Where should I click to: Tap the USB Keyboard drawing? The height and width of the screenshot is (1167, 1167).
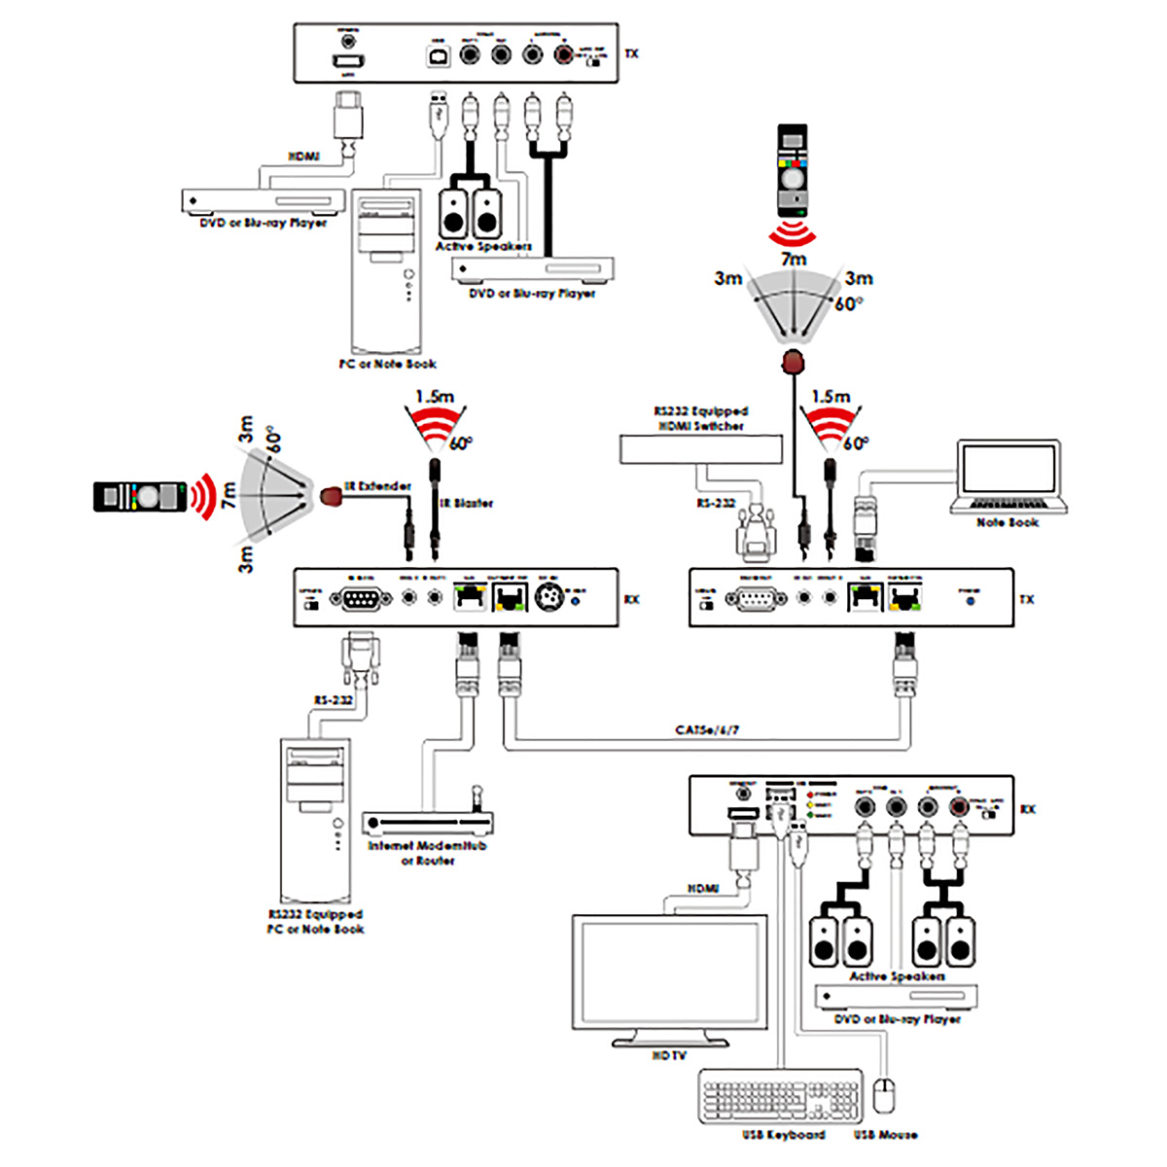780,1096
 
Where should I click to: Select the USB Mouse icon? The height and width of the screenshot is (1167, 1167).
883,1095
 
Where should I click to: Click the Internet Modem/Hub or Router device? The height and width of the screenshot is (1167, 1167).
427,823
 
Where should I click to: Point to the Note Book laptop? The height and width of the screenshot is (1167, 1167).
1009,477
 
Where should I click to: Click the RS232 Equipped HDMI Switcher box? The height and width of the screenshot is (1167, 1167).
700,449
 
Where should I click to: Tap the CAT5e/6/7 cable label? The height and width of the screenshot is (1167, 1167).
707,729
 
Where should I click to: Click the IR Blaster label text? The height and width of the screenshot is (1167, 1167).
467,503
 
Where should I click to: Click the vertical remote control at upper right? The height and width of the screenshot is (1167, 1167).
794,170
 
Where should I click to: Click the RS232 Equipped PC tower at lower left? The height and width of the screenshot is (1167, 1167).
315,822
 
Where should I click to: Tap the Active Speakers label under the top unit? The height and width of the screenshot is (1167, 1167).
483,246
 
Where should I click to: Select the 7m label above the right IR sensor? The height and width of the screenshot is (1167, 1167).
794,260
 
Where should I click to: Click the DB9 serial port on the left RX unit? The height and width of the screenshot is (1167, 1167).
361,599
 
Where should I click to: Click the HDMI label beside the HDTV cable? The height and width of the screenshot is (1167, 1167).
702,889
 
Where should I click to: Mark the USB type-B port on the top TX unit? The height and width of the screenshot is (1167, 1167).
438,55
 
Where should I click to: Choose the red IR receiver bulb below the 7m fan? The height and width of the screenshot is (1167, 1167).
794,364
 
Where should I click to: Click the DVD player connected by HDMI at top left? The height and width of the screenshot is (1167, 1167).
264,201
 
